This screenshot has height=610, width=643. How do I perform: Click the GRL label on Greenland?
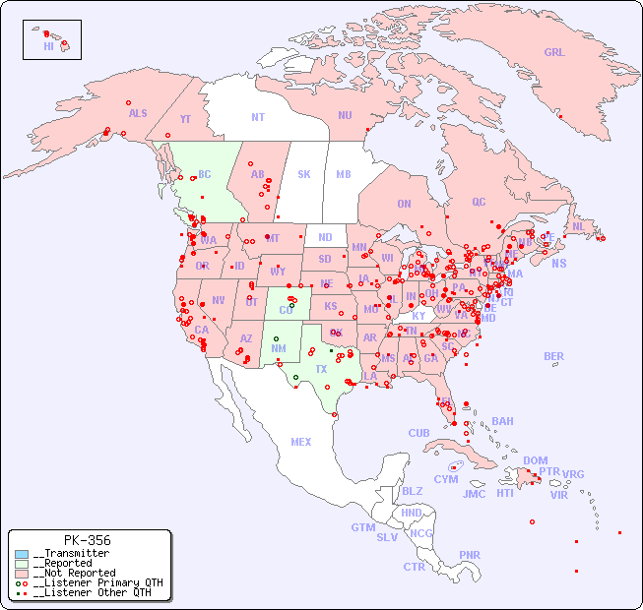(554, 53)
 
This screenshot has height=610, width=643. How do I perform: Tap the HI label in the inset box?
(48, 46)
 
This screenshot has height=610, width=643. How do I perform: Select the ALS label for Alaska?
(138, 113)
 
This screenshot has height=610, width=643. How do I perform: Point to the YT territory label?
(185, 119)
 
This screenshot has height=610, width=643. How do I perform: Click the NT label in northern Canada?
(258, 117)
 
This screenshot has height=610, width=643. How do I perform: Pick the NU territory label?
(345, 115)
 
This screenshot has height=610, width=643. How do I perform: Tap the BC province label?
(205, 174)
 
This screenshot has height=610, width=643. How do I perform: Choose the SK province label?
(304, 174)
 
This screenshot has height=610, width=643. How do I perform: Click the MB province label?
(344, 174)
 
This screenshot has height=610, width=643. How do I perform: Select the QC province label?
(479, 202)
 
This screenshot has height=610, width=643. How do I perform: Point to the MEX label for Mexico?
(301, 442)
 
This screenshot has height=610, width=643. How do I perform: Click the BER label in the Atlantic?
(553, 356)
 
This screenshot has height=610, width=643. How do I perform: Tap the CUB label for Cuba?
(418, 433)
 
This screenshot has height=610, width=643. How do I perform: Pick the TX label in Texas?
(321, 369)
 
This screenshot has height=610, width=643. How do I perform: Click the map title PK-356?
(87, 540)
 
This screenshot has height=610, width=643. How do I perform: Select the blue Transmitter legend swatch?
(22, 554)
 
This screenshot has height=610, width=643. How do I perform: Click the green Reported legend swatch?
(22, 564)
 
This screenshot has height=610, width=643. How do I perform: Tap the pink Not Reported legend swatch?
(22, 573)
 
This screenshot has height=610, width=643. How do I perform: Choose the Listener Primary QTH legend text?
(97, 582)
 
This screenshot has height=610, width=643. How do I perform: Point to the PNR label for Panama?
(470, 555)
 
